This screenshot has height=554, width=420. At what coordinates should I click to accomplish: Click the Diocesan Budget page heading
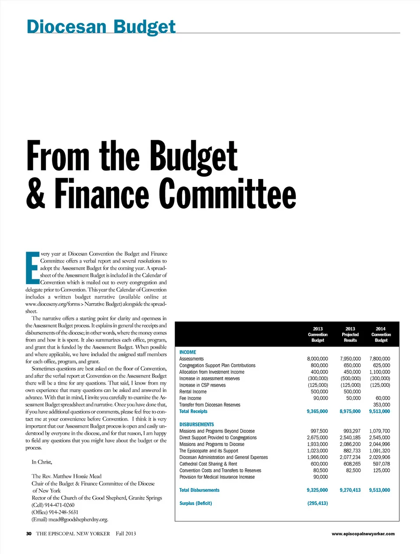click(101, 27)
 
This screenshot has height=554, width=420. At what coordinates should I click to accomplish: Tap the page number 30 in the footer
click(29, 533)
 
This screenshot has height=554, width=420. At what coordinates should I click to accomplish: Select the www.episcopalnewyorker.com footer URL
click(363, 533)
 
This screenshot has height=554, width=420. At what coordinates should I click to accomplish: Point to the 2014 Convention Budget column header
click(381, 334)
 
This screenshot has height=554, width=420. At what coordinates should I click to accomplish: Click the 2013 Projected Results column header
click(350, 334)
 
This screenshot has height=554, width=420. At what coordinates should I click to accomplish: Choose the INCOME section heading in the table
click(188, 352)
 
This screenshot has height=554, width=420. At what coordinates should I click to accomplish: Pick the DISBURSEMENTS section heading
click(196, 424)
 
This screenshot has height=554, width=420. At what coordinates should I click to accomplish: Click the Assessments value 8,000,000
click(317, 359)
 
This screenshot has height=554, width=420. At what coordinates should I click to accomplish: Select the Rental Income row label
click(193, 392)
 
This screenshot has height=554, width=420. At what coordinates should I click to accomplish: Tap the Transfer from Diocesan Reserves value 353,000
click(381, 405)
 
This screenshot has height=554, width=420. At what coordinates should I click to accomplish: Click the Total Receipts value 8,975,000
click(350, 411)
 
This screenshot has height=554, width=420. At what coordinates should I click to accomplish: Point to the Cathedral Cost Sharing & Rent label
click(208, 464)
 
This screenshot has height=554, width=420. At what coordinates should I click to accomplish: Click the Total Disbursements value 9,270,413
click(350, 490)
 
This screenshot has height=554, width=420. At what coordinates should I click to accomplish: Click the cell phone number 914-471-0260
click(59, 505)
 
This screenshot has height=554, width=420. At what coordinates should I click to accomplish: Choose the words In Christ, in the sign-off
click(42, 462)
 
